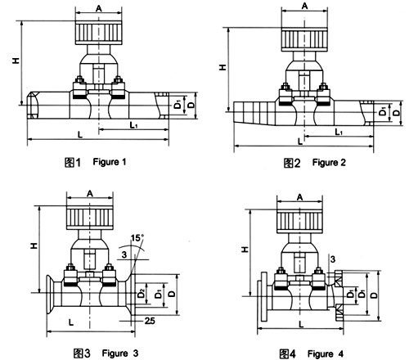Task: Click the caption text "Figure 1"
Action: pos(110,162)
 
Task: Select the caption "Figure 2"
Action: pos(329,163)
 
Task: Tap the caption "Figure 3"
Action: pos(120,353)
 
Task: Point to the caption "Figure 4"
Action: pos(326,354)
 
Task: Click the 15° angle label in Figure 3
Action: pos(137,238)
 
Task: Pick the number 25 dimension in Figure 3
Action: pos(150,321)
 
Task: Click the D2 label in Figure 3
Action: pos(141,294)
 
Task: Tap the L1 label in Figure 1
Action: pos(133,125)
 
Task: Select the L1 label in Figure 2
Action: pos(339,132)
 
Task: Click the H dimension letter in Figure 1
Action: pos(16,61)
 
